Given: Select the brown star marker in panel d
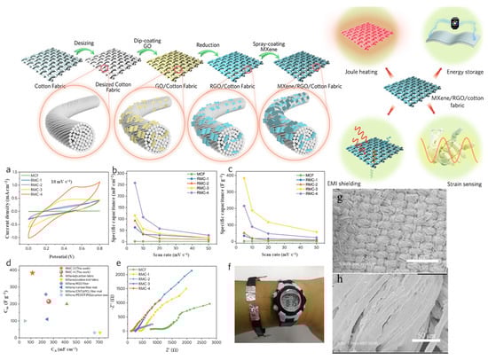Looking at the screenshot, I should click(33, 273).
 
